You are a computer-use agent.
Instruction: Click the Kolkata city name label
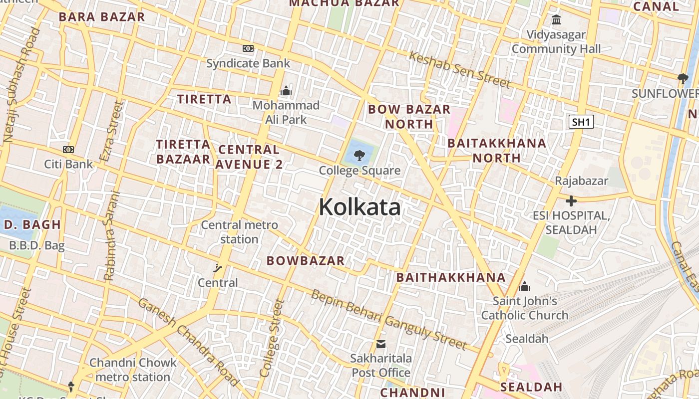[359, 207]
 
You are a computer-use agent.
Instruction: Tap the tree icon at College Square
[359, 156]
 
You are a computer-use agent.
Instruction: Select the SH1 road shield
[581, 122]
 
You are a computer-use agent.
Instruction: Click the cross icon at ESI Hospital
[571, 201]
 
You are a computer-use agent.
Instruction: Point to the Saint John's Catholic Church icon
[524, 286]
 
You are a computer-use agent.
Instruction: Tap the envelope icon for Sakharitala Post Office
[381, 344]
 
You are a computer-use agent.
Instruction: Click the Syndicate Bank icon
[248, 48]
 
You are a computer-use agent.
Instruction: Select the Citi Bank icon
[68, 149]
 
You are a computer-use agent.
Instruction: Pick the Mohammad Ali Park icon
[286, 91]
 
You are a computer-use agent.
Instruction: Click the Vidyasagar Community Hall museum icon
[556, 20]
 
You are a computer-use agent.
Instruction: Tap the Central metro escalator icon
[218, 268]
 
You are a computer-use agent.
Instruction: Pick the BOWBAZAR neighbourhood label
[306, 260]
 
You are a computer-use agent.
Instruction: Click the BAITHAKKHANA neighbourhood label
[451, 277]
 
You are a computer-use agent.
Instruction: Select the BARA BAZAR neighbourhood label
[102, 16]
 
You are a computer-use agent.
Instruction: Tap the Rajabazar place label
[581, 181]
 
